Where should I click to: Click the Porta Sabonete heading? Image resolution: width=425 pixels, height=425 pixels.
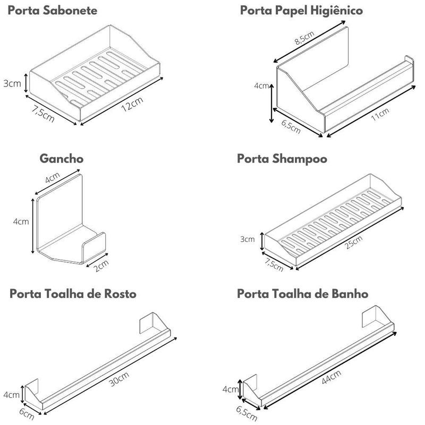pyautogui.click(x=52, y=11)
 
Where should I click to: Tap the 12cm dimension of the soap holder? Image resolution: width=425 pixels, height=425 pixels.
pyautogui.click(x=132, y=104)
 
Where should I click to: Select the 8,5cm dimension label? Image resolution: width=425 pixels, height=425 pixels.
pyautogui.click(x=304, y=37)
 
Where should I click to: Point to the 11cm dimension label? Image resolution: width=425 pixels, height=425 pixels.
pyautogui.click(x=380, y=114)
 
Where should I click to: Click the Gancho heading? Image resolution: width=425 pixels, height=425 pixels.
pyautogui.click(x=62, y=159)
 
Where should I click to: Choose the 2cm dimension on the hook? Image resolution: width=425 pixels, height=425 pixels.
pyautogui.click(x=101, y=266)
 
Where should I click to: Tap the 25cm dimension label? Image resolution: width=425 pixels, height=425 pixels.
pyautogui.click(x=354, y=242)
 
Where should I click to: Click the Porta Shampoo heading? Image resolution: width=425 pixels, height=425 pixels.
pyautogui.click(x=282, y=159)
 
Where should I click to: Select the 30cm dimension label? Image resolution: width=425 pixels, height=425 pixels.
pyautogui.click(x=119, y=379)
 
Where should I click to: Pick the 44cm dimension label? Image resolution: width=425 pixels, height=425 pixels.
pyautogui.click(x=331, y=377)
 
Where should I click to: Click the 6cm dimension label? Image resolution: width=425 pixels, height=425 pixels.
pyautogui.click(x=27, y=414)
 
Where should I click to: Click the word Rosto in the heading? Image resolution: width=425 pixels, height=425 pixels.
pyautogui.click(x=120, y=294)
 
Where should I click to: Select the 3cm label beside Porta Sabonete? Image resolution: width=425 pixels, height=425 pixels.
pyautogui.click(x=12, y=83)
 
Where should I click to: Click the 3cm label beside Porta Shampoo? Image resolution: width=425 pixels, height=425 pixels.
pyautogui.click(x=248, y=239)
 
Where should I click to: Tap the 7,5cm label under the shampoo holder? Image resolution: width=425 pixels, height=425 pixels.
pyautogui.click(x=274, y=265)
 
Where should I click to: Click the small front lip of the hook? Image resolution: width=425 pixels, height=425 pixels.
pyautogui.click(x=94, y=247)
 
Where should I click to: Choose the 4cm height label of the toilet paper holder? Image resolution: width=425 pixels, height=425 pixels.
pyautogui.click(x=261, y=86)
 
